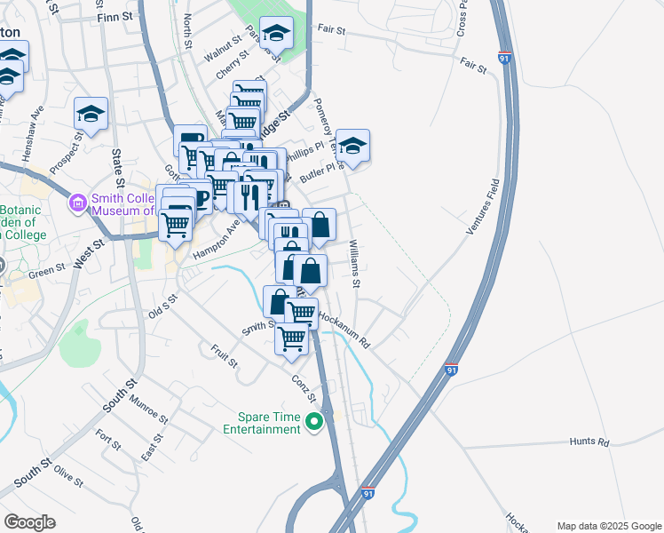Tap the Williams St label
coord(355,264)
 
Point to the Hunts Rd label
coord(589,442)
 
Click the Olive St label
coord(68,475)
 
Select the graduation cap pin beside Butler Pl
coord(352,147)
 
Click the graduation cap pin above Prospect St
coord(91,115)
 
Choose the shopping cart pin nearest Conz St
coord(292,338)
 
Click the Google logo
coord(29,522)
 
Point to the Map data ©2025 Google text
coord(608,526)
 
